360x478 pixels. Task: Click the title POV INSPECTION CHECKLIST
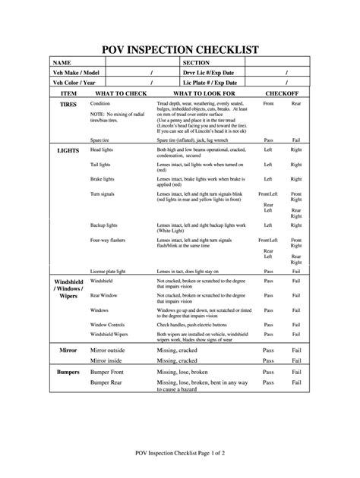(x=180, y=50)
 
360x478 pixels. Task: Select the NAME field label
(x=62, y=62)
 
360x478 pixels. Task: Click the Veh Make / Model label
(x=77, y=72)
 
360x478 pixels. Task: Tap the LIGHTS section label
(x=69, y=151)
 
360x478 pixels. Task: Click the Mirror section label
(x=69, y=351)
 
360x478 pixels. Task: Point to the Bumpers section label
(x=69, y=373)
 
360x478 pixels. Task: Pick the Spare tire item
(x=103, y=140)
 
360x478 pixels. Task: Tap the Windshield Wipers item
(x=110, y=334)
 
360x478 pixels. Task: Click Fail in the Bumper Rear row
(x=296, y=385)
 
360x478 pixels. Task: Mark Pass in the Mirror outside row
(x=268, y=351)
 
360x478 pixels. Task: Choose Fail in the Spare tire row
(x=296, y=140)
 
